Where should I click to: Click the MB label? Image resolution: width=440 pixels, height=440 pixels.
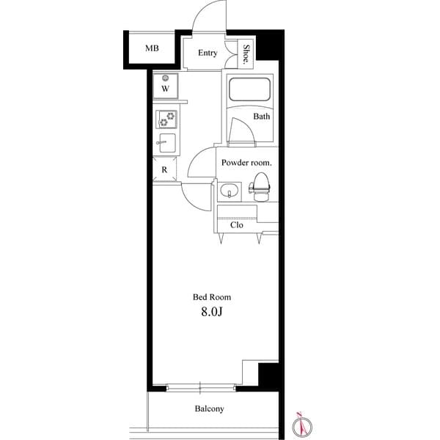[151, 49]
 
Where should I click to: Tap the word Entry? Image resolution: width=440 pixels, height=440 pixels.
[208, 53]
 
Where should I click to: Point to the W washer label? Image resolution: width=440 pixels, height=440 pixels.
[165, 89]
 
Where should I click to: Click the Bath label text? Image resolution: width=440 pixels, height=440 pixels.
[262, 117]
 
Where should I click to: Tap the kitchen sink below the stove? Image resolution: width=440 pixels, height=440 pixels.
[165, 144]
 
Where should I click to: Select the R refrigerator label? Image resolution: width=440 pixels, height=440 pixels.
[164, 169]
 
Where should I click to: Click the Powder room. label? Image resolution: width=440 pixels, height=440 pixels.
[247, 162]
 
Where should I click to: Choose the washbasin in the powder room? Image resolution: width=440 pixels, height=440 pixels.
[229, 192]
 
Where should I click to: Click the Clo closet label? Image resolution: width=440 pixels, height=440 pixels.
[236, 225]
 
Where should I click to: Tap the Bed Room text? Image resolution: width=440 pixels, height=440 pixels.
[212, 297]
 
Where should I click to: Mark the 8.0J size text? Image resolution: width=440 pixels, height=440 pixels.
[213, 314]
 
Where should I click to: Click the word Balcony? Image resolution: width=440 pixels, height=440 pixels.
[209, 409]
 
